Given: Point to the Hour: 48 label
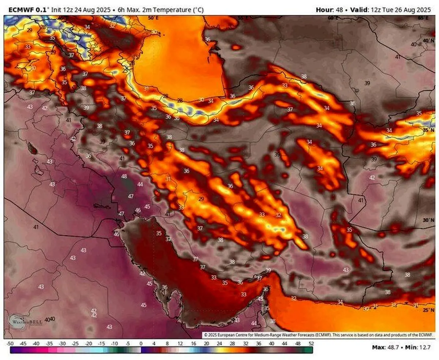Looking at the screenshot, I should point(329,10).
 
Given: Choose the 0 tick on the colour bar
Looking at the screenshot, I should point(141,344).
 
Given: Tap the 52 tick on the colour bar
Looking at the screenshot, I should point(311,344).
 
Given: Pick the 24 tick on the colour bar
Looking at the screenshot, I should point(219,344).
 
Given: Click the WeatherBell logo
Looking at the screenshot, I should point(22,322).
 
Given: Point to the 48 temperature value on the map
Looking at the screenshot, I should point(124,176).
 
